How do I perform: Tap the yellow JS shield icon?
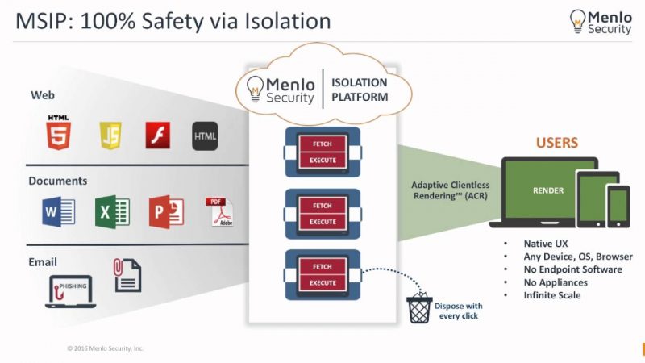pyautogui.click(x=110, y=135)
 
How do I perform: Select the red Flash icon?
pyautogui.click(x=157, y=135)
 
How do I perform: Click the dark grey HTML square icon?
pyautogui.click(x=205, y=136)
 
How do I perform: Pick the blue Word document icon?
pyautogui.click(x=58, y=212)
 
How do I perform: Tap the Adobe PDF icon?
pyautogui.click(x=215, y=211)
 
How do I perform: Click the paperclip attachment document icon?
pyautogui.click(x=127, y=275)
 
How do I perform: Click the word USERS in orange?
pyautogui.click(x=557, y=143)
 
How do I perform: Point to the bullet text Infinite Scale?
pyautogui.click(x=551, y=295)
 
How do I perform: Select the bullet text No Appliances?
pyautogui.click(x=556, y=282)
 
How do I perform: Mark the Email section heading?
pyautogui.click(x=44, y=261)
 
